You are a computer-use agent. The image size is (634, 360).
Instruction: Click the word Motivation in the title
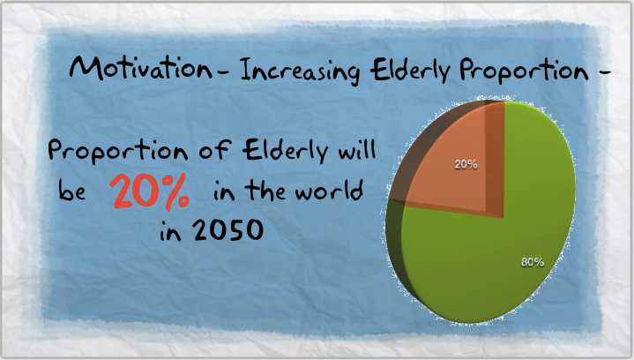tap(140, 67)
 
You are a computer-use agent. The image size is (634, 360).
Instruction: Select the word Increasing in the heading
tap(300, 71)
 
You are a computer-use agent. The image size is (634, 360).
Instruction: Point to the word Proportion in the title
tap(524, 71)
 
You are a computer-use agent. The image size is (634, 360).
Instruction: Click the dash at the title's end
tap(605, 72)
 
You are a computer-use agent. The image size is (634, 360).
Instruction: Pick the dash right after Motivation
tap(223, 73)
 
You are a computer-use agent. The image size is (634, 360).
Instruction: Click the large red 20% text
tap(150, 191)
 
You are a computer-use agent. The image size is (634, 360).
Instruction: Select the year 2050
tap(228, 230)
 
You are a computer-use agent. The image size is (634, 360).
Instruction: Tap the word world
tap(329, 190)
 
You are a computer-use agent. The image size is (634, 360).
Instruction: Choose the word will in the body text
tap(357, 149)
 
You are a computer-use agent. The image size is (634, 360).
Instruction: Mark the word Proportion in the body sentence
tap(117, 151)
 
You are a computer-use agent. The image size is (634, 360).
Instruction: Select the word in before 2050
tap(170, 232)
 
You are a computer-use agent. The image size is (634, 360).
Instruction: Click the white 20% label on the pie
tap(466, 164)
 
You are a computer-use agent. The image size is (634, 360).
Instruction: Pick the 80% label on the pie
tap(533, 263)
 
